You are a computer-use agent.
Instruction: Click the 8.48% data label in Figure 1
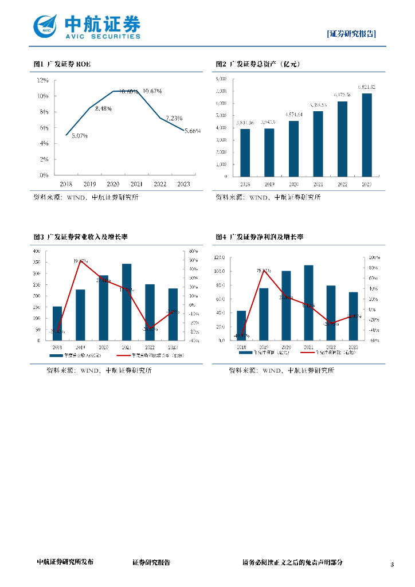(103, 108)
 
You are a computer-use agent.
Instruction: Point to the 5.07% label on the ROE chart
(80, 136)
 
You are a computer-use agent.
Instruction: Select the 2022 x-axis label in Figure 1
(159, 183)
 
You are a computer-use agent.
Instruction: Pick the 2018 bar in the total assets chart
(245, 152)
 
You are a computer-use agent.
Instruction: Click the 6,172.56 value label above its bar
(342, 95)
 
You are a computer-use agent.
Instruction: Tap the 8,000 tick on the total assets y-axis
(221, 79)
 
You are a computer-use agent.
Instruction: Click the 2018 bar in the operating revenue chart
(57, 323)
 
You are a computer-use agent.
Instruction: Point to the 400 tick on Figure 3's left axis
(37, 251)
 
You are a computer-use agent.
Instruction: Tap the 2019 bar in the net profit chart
(264, 314)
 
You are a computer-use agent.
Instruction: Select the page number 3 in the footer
(392, 565)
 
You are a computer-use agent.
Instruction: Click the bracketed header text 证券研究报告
(351, 33)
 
